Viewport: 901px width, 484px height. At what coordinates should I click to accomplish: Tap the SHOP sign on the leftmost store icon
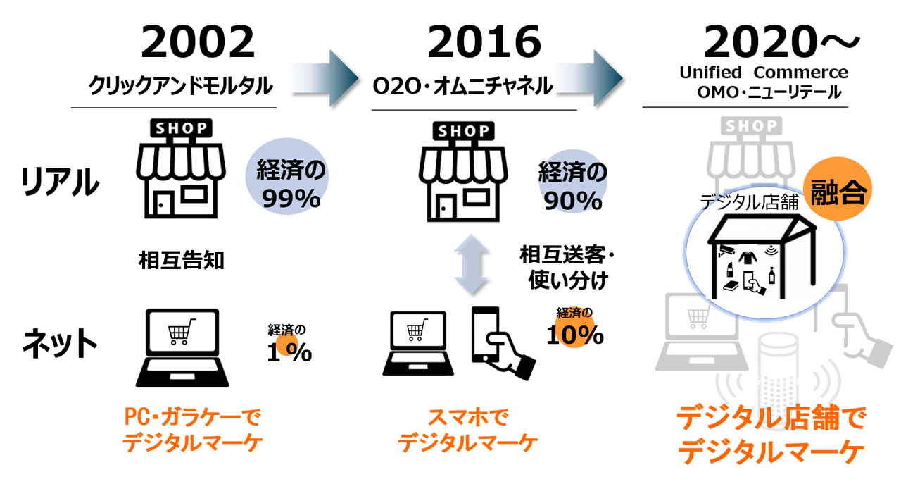[x=181, y=128]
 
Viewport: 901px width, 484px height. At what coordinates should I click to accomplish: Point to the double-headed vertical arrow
[x=470, y=265]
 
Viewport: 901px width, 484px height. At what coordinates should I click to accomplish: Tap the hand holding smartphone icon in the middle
[x=504, y=344]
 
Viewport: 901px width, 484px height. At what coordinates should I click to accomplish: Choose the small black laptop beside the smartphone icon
[x=420, y=344]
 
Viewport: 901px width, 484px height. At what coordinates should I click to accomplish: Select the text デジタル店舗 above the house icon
[x=750, y=203]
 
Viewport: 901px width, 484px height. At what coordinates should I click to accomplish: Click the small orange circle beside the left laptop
[x=288, y=345]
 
